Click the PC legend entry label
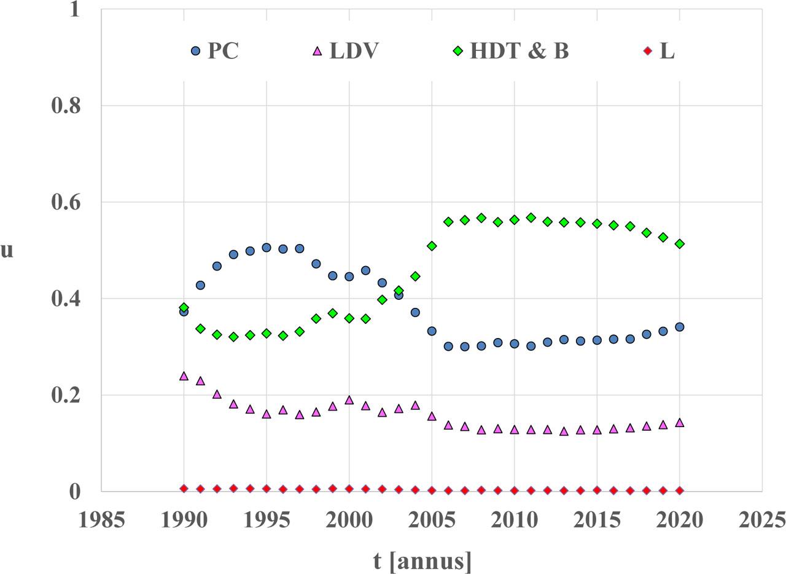click(x=223, y=51)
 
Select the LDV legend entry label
click(x=354, y=51)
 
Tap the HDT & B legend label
click(x=519, y=51)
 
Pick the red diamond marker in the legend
click(x=647, y=51)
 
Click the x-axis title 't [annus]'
click(x=422, y=560)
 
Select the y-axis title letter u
click(x=7, y=250)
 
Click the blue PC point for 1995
click(x=267, y=248)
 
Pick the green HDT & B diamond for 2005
click(x=432, y=246)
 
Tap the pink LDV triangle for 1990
click(x=184, y=376)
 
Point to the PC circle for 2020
click(x=680, y=327)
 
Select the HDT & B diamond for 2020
click(x=680, y=244)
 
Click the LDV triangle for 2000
click(x=349, y=400)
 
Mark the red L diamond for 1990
click(x=184, y=489)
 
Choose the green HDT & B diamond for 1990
click(x=184, y=307)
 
